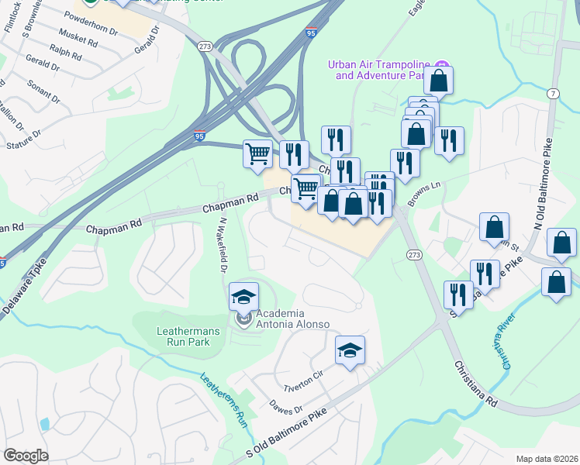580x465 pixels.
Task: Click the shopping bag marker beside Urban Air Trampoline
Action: tap(438, 80)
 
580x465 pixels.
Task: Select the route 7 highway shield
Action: tap(553, 93)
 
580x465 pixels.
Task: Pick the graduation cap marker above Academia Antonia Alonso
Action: tap(243, 297)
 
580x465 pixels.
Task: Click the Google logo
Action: tap(26, 455)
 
